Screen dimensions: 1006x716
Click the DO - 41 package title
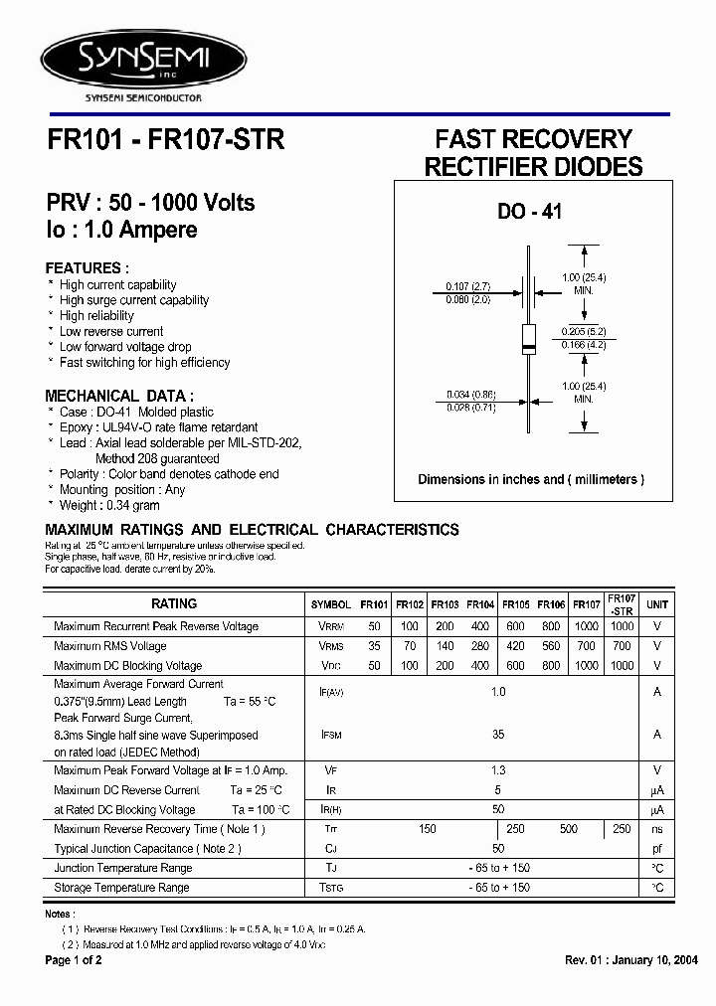tap(530, 211)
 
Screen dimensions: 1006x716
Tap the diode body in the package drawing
tap(530, 339)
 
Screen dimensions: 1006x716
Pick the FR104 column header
tap(480, 604)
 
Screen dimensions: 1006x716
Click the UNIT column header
tap(657, 604)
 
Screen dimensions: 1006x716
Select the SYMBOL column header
tap(330, 604)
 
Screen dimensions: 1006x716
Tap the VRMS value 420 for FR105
tap(515, 646)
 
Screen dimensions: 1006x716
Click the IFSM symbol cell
tap(330, 735)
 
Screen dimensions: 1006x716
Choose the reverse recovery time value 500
tap(568, 829)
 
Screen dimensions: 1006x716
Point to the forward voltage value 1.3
tap(498, 770)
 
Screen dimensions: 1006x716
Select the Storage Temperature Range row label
tap(121, 888)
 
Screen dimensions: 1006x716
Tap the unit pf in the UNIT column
tap(657, 849)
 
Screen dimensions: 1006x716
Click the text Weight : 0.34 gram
tap(113, 505)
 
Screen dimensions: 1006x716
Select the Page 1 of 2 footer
tap(74, 960)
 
